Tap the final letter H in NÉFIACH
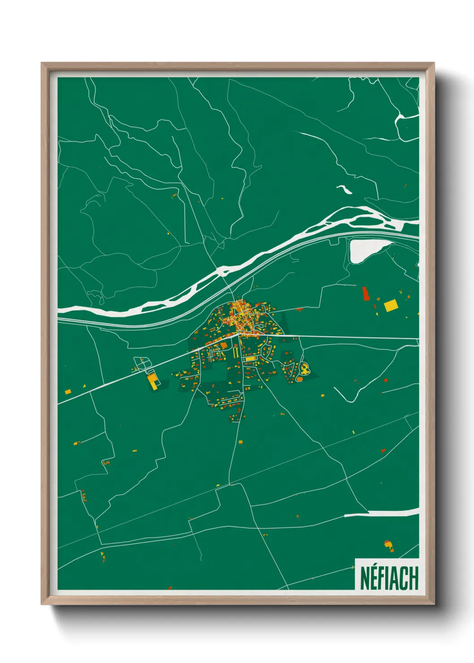pos(414,578)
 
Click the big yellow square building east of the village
pos(390,306)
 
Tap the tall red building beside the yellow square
pos(366,293)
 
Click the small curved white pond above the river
pos(344,189)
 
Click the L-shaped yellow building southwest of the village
pos(153,381)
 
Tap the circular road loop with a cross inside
pos(142,364)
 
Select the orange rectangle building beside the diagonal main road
pos(224,345)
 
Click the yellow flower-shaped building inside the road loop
pos(305,369)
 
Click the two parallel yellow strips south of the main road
pos(236,352)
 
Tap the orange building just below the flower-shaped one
pos(299,379)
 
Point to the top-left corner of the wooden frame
pos(42,63)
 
